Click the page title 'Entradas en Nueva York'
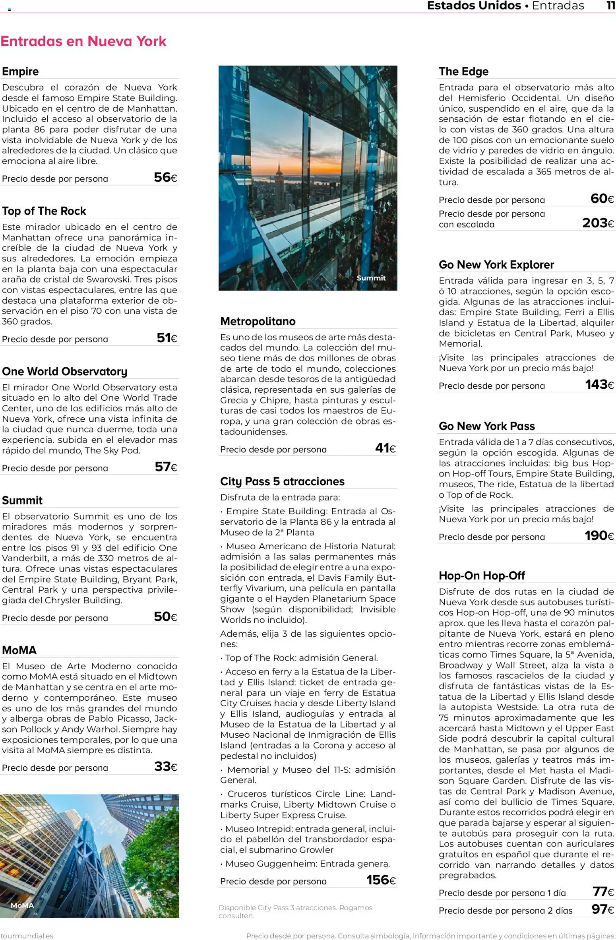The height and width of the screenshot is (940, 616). point(83,41)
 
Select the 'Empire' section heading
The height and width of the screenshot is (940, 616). point(20,72)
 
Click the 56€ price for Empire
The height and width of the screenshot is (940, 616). point(165,177)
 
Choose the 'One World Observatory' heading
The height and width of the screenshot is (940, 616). point(64,371)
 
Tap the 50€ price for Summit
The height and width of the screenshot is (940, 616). point(165,616)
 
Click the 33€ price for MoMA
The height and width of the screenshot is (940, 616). point(165,766)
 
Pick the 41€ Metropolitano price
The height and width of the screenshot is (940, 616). point(385,448)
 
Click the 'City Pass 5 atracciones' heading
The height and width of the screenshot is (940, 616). point(282,481)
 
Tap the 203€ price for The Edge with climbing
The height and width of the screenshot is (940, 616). point(598,223)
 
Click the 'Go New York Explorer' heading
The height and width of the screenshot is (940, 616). point(496,265)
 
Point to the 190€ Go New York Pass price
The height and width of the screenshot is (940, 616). point(599,536)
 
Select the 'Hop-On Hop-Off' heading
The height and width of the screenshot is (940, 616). point(482,576)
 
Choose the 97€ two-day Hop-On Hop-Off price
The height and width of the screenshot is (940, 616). point(602,909)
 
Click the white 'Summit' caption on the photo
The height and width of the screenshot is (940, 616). point(371,278)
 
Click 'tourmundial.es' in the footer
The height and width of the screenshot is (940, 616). point(26,936)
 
